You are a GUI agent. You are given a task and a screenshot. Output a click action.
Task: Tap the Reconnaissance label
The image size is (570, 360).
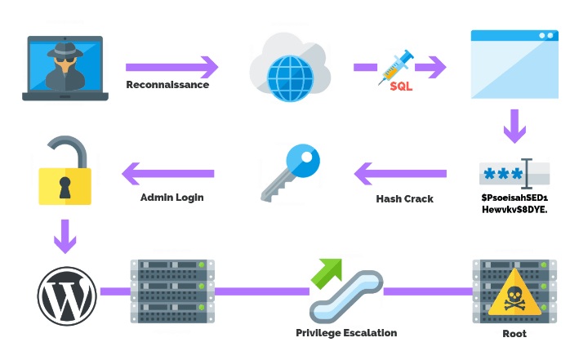167,85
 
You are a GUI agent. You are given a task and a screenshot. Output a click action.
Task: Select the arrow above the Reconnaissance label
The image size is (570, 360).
172,66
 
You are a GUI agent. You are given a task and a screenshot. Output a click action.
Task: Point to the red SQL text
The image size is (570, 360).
402,86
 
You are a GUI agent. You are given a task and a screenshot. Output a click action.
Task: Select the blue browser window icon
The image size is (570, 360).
514,64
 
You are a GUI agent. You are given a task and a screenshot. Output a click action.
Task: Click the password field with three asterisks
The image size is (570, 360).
514,174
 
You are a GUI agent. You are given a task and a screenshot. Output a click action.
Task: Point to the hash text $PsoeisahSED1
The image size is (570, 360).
514,198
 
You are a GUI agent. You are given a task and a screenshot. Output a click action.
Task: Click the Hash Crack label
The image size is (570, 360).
404,198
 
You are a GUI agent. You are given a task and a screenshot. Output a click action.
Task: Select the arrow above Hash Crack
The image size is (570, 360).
400,173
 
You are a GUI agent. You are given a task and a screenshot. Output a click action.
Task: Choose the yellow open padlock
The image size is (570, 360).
66,173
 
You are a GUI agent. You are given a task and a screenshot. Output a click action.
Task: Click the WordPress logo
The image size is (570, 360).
66,291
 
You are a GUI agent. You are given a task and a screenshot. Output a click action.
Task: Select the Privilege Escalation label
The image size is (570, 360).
346,332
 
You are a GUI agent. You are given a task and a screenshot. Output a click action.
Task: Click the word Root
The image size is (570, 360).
514,333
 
